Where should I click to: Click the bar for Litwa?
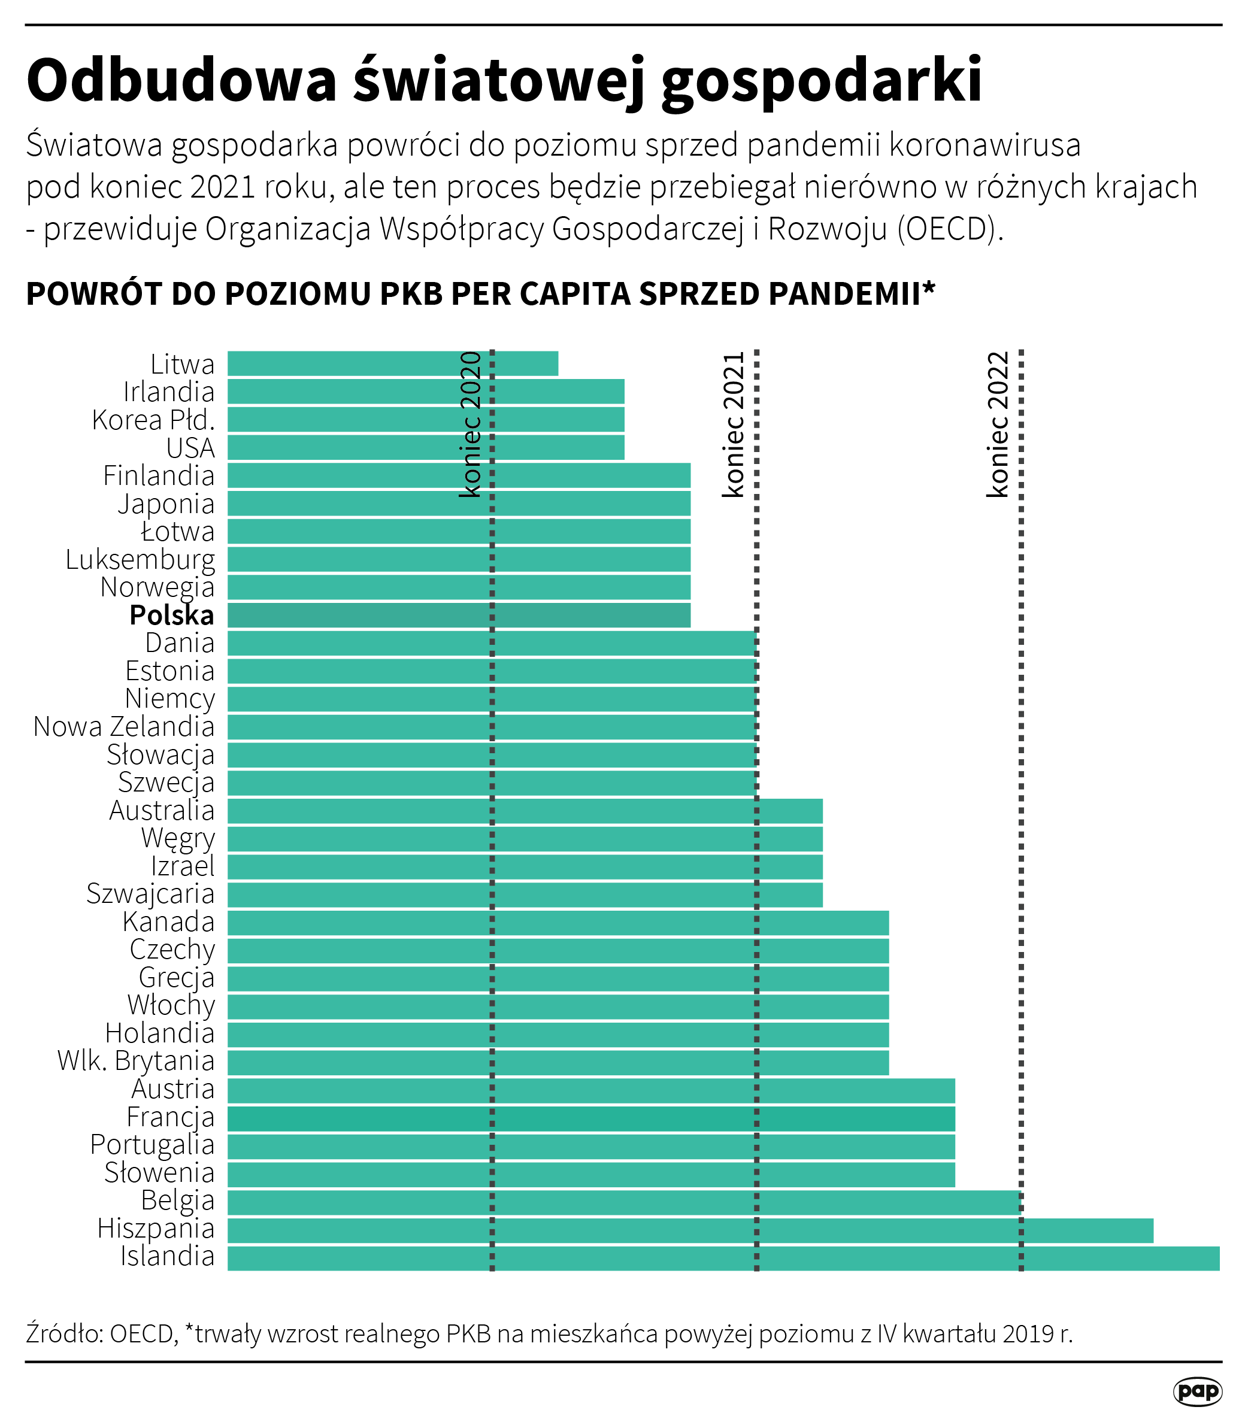(392, 364)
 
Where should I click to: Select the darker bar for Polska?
(459, 615)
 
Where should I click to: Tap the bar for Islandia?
(723, 1259)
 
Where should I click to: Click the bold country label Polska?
(172, 615)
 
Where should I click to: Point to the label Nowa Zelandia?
(124, 726)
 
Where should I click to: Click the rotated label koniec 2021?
(735, 425)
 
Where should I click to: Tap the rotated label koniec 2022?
(998, 425)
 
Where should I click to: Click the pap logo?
(1197, 1391)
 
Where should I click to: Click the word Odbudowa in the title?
(182, 80)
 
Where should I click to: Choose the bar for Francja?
(591, 1118)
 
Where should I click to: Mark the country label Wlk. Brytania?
(136, 1062)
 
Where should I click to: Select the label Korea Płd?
(153, 420)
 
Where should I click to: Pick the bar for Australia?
(525, 811)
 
